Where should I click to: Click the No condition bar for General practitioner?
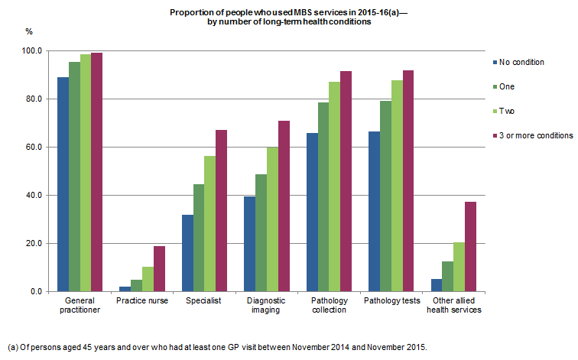click(63, 184)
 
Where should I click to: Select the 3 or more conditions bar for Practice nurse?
click(159, 268)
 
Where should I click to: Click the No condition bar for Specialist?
click(187, 253)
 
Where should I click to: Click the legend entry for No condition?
click(521, 62)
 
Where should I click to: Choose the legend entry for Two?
click(507, 111)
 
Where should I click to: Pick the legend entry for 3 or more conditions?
click(535, 135)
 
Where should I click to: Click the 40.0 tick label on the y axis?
click(34, 195)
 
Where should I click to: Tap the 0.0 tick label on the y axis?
click(36, 291)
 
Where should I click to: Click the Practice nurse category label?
click(141, 301)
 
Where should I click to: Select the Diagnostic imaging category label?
click(266, 306)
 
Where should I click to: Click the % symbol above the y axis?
click(29, 31)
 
